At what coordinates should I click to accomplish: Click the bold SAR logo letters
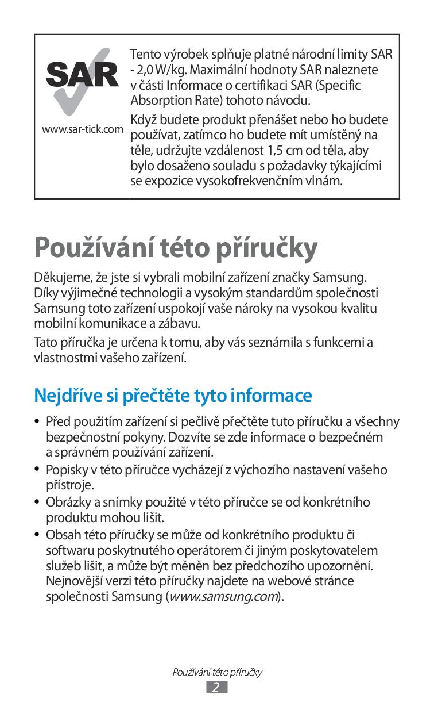pos(82,75)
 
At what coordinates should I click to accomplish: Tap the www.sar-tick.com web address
pos(82,129)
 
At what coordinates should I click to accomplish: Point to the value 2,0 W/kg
pos(157,70)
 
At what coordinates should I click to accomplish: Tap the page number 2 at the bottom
pos(216,687)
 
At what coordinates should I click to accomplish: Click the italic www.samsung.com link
pos(224,596)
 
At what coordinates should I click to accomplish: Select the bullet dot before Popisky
pos(38,470)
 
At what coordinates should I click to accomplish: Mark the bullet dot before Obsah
pos(38,535)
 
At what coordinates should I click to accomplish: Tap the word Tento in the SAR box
pos(144,55)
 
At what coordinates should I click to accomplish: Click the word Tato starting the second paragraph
pos(45,343)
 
